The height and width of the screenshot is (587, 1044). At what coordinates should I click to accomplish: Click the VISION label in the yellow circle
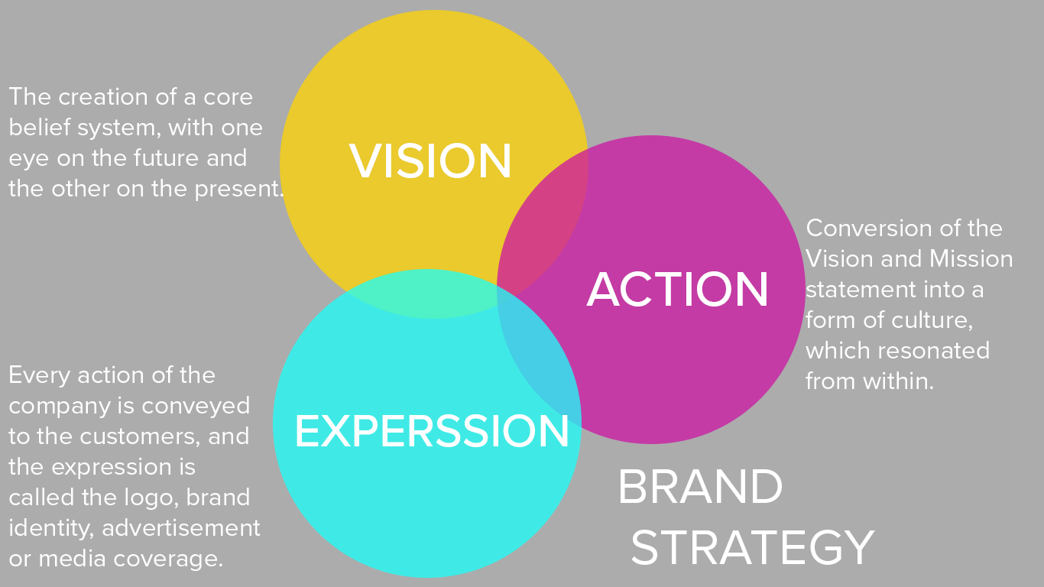430,161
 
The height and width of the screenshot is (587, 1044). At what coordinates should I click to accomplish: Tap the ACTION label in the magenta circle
677,290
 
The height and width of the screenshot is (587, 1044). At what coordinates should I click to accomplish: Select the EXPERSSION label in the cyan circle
432,431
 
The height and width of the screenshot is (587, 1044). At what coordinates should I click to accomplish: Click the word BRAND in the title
699,488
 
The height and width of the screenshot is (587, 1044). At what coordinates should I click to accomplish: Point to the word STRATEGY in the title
752,547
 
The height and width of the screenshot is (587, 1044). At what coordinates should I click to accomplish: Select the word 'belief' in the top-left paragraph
39,128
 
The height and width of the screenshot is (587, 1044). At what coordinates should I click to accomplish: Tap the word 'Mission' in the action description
971,259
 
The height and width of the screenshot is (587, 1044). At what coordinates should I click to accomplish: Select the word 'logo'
153,498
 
